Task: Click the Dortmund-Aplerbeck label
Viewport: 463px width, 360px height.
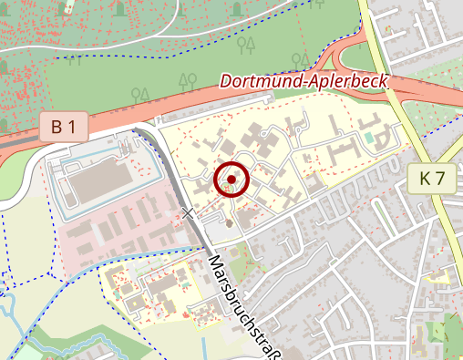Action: tap(304, 81)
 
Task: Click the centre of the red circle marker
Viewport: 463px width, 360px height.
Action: tap(232, 180)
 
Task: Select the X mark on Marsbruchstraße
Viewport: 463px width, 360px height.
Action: tap(189, 213)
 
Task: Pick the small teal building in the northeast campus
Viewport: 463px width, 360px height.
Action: tap(368, 138)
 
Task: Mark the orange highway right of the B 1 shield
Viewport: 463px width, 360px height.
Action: tap(118, 123)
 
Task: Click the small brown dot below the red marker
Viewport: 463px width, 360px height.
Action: tap(229, 222)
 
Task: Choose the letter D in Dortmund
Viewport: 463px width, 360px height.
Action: tap(226, 82)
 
